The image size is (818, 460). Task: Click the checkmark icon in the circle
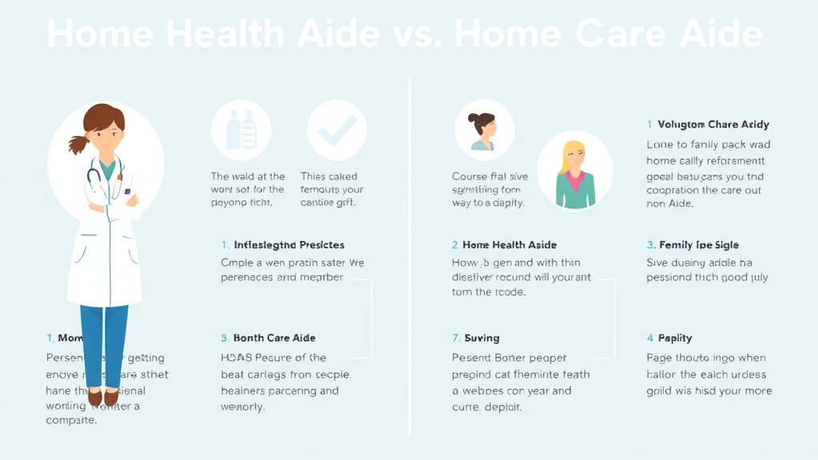click(336, 131)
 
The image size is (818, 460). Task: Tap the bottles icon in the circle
click(240, 130)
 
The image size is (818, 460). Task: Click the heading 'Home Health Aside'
click(510, 245)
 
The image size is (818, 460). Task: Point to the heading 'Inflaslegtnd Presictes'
click(288, 245)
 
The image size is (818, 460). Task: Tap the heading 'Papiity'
click(675, 338)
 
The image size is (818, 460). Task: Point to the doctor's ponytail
click(78, 144)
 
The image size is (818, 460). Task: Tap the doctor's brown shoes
click(102, 397)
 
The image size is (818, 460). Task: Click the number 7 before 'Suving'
click(455, 338)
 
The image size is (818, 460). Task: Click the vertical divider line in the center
click(410, 256)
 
